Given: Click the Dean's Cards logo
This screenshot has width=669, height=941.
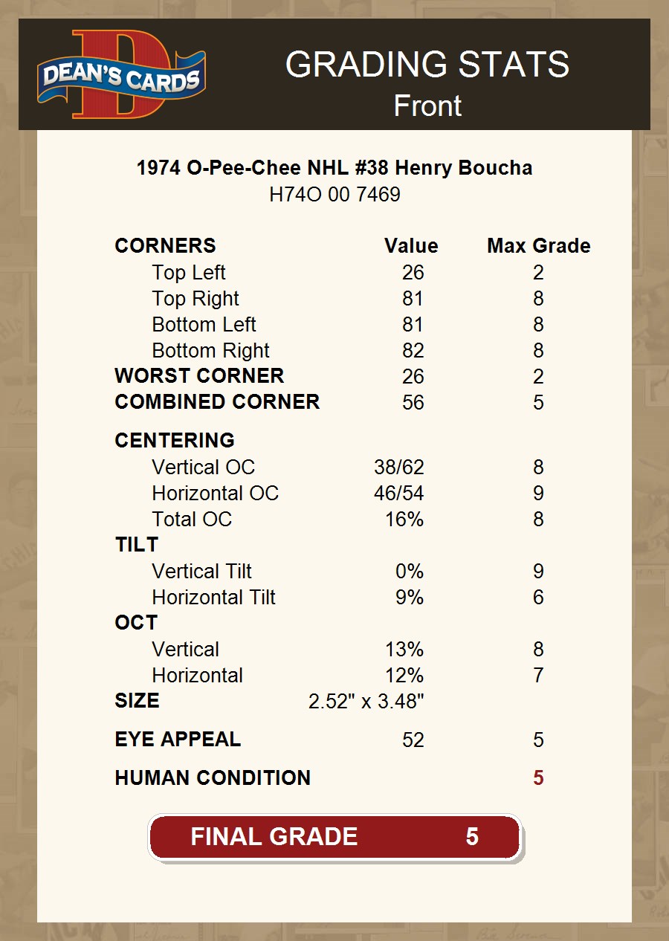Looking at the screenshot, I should point(121,74).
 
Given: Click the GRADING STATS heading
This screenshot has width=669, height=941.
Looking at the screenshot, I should point(427,65).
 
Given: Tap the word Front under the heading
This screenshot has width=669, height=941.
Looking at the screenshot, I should point(427,106).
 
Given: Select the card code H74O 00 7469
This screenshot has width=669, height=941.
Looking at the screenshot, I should point(334,195).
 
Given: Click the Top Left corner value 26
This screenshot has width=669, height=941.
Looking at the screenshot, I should point(413,273).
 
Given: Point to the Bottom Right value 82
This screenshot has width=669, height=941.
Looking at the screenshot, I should point(413,351).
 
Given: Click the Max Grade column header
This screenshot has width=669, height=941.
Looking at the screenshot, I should point(538,246).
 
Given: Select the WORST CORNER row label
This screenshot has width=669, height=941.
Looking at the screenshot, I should point(199,376).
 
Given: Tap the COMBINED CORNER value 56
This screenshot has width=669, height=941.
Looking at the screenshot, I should point(413,402).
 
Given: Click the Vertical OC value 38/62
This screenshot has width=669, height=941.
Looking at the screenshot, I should point(398,468).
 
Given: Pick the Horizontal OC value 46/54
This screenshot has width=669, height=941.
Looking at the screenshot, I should point(398,494).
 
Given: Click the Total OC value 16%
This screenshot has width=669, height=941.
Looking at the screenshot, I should point(404,520).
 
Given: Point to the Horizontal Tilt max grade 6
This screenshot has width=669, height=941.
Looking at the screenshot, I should point(538,598).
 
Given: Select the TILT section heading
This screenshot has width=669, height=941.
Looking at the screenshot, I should point(136,545).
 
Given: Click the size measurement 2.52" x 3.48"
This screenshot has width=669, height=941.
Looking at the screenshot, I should point(366,702).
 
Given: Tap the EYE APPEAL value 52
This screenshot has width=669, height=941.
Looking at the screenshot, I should point(413,740).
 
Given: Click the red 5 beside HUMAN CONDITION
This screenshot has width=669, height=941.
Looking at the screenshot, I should point(538,778).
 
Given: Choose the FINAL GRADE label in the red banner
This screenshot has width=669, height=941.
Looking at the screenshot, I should point(274,837).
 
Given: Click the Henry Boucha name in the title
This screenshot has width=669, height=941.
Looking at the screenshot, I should point(463,168).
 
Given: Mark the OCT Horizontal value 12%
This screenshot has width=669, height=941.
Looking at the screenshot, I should point(404,676).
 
